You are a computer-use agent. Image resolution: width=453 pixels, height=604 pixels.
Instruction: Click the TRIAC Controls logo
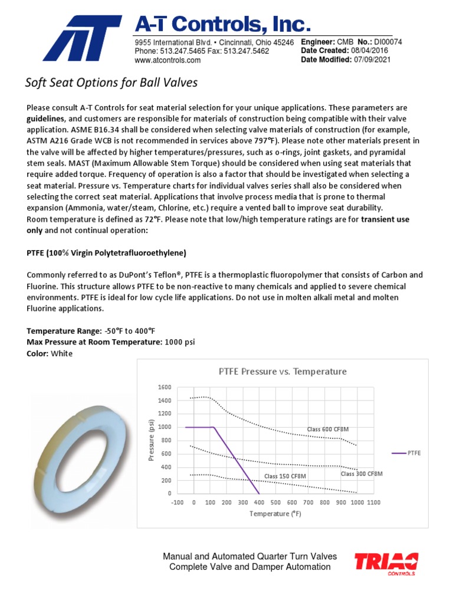point(386,562)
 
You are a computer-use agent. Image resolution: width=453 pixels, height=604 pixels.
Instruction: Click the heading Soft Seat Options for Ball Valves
point(111,83)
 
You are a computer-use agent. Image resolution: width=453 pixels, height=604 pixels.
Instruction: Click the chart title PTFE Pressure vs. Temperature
point(283,372)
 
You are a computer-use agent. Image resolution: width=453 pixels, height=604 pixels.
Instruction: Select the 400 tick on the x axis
point(259,503)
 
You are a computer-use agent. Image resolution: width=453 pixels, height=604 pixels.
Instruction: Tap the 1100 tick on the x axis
point(373,503)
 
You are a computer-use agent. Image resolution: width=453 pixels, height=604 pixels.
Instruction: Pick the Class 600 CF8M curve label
point(327,429)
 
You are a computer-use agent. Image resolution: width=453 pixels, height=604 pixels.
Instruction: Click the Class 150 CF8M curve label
point(285,476)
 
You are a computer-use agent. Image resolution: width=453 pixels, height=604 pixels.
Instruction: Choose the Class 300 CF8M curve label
point(362,474)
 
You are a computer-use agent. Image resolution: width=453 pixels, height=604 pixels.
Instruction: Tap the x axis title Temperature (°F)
point(275,514)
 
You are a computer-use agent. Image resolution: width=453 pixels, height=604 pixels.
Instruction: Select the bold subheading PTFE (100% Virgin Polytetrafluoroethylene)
point(107,253)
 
